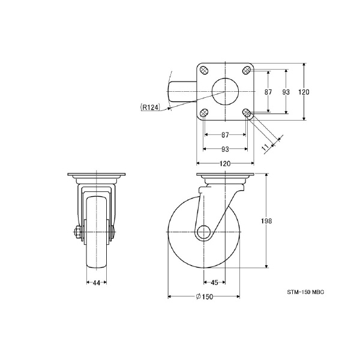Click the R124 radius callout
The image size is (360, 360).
point(150,107)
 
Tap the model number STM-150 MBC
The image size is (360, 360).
point(305,292)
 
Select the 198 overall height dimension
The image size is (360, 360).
point(266,221)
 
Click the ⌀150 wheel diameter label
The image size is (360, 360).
point(205,296)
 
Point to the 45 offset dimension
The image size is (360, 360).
point(214,283)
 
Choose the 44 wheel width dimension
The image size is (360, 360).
point(97,283)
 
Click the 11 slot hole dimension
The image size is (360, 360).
point(266,148)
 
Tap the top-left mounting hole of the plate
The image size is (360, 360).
point(203,70)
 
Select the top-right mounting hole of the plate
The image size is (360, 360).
point(247,70)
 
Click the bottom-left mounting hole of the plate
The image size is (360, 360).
point(203,113)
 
